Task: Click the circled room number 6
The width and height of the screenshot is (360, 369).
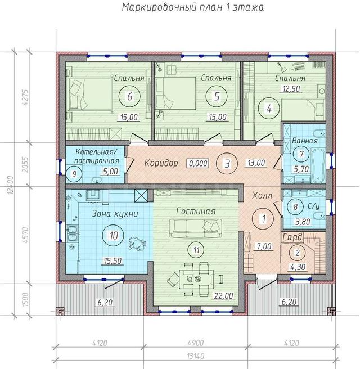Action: click(129, 96)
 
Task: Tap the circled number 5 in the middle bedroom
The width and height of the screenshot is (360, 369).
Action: click(217, 96)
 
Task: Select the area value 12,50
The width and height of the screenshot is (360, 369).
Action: click(291, 89)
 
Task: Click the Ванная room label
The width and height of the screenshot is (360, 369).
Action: click(305, 141)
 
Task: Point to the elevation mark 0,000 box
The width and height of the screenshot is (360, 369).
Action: click(198, 163)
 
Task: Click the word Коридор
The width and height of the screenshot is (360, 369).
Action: click(161, 163)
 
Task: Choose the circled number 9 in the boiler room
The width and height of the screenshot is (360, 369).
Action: click(74, 174)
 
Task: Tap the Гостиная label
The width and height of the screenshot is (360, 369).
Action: click(196, 211)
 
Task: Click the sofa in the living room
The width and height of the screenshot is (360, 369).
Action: click(196, 228)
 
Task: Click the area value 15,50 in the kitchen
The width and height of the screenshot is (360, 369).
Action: click(113, 260)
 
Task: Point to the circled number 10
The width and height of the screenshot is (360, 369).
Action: click(114, 235)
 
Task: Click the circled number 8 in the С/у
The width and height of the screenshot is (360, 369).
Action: click(295, 206)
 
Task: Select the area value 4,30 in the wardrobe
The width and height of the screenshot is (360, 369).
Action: click(298, 267)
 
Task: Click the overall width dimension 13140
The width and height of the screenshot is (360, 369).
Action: click(196, 356)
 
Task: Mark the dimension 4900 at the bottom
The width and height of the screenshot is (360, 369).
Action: click(196, 343)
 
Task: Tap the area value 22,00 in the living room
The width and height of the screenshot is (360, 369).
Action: click(224, 295)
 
